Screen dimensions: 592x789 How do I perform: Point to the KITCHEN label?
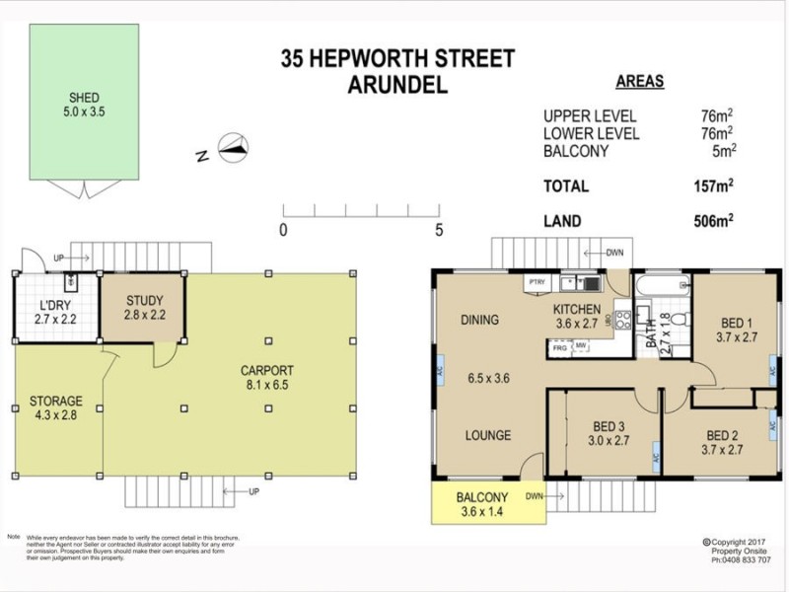pos(577,310)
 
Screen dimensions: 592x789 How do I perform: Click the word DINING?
pos(478,320)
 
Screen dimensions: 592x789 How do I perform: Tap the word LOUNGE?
pos(487,435)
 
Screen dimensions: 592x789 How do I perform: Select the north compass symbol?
pos(231,149)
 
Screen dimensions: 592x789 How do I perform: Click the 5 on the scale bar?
pos(438,230)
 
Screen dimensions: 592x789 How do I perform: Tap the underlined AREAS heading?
pos(639,82)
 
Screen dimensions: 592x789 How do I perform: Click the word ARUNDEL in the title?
pos(397,85)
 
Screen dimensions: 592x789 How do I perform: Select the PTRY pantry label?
pos(538,282)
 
